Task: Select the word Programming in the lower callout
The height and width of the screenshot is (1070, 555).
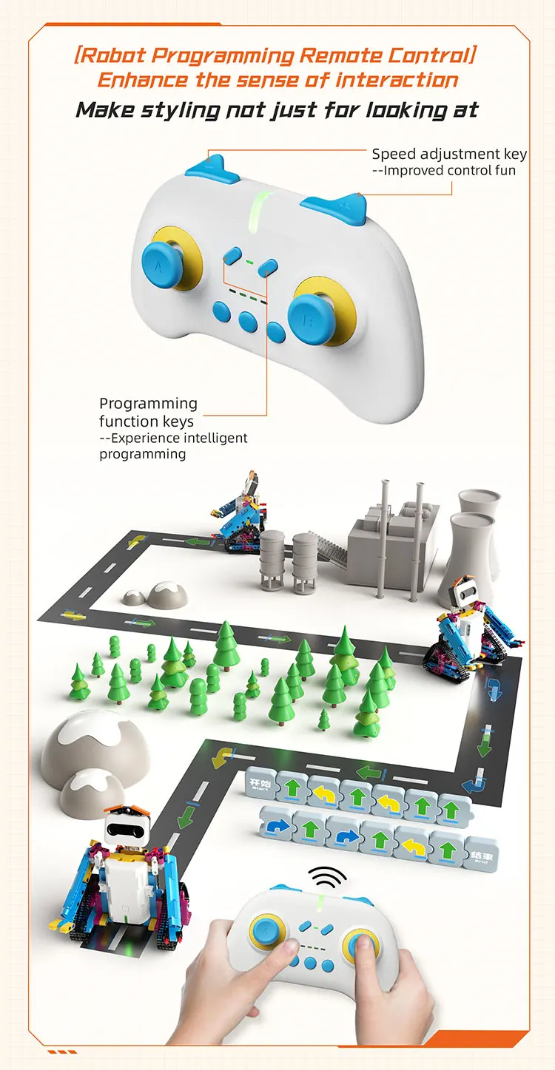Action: click(148, 403)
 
